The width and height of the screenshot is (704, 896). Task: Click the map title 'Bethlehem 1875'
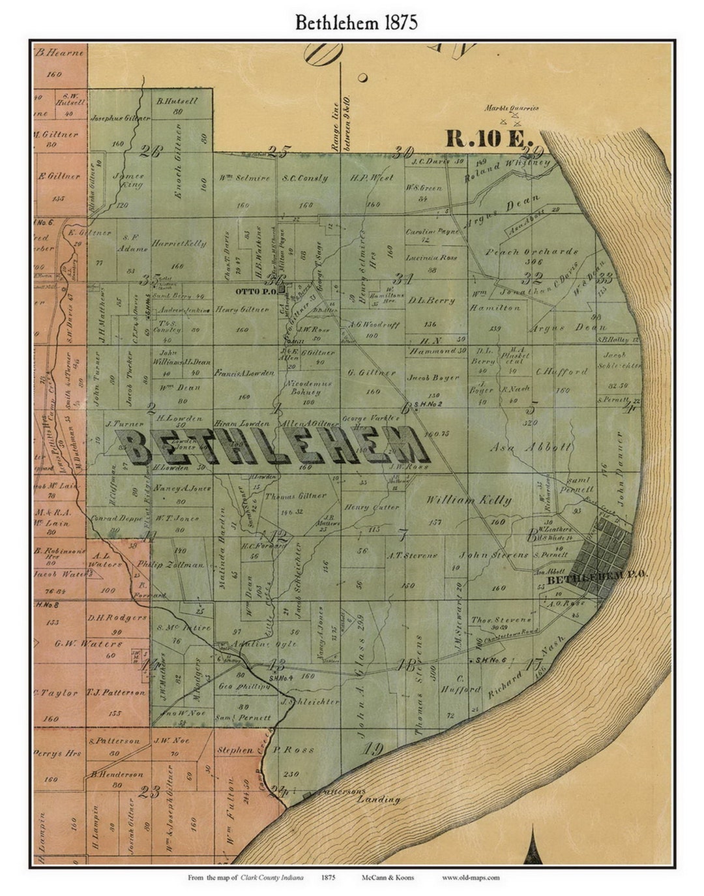pos(356,22)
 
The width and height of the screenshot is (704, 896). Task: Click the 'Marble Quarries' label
pos(512,108)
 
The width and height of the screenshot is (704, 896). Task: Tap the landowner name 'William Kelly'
pos(469,500)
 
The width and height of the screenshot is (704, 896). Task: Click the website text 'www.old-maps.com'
pos(471,877)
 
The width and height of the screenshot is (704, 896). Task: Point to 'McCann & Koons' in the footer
pos(388,877)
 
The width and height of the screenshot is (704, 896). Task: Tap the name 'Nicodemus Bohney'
pos(303,388)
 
